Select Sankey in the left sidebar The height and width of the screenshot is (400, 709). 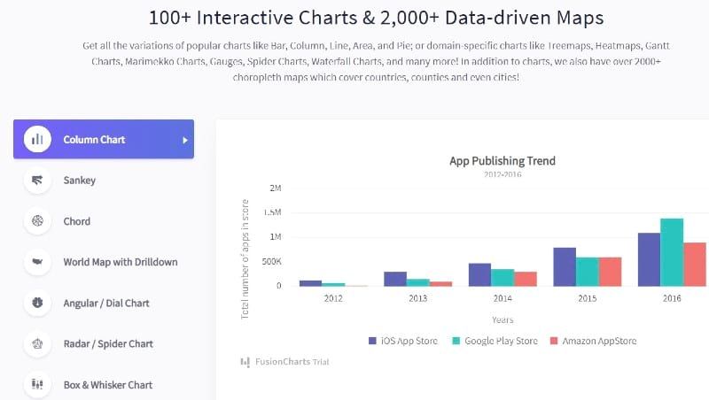79,181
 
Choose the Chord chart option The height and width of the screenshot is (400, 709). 76,221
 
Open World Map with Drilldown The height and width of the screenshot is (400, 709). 120,262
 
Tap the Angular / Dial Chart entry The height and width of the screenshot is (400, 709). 105,303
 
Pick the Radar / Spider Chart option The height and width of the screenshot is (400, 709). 107,343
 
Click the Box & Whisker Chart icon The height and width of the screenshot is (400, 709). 37,385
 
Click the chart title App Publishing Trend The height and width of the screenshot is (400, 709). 503,161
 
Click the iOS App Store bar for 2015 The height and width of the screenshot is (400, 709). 565,266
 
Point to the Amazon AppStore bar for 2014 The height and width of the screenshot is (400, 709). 526,279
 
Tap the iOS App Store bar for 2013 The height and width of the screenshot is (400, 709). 395,279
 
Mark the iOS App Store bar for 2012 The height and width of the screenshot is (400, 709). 310,283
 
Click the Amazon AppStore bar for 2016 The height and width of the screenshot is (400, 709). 695,264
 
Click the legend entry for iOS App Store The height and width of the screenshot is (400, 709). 402,341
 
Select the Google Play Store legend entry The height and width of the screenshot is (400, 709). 494,341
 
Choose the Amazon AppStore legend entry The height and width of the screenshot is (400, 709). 592,341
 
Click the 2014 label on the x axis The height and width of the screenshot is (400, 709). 503,298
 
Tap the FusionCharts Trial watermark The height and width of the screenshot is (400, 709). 284,361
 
